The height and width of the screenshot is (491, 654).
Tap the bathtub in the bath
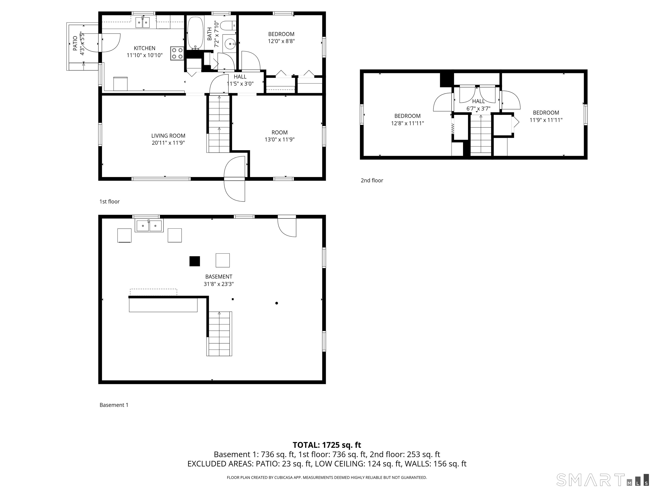(x=195, y=33)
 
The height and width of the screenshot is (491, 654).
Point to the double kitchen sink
(x=143, y=23)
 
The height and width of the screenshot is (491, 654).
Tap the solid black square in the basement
(x=195, y=261)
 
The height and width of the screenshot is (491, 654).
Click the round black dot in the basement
(x=277, y=303)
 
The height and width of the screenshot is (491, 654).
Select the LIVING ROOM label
(x=168, y=136)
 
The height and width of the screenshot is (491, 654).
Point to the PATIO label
(x=75, y=43)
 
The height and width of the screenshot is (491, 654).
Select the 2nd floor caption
(x=372, y=181)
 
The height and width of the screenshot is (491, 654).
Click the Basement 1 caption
(x=114, y=405)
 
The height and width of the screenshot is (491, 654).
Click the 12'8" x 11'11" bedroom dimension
(x=407, y=123)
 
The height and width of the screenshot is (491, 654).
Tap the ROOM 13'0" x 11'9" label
(x=279, y=136)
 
